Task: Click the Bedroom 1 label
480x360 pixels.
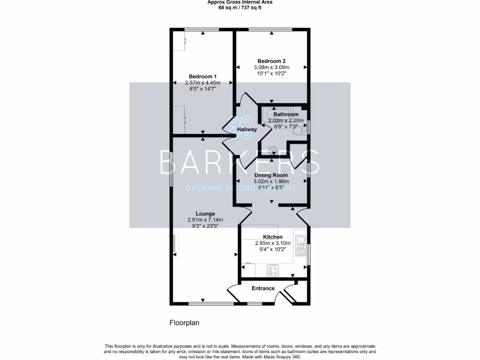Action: (x=202, y=76)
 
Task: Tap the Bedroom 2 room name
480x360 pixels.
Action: (x=271, y=61)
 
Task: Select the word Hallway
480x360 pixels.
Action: (x=247, y=129)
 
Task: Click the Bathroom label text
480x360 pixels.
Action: (x=286, y=114)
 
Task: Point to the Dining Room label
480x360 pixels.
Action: (x=271, y=175)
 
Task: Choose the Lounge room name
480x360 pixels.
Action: (x=205, y=213)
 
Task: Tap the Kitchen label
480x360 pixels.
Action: (x=272, y=237)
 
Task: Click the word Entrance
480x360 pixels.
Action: (x=263, y=288)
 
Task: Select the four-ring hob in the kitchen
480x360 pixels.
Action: (x=272, y=270)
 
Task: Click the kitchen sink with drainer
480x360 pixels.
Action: (x=300, y=242)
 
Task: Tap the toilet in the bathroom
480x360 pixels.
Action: (x=297, y=133)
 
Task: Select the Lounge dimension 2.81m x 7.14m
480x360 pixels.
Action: (x=205, y=220)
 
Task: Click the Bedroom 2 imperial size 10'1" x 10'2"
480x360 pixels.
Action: (x=271, y=73)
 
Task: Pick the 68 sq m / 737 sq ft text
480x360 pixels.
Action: (x=240, y=7)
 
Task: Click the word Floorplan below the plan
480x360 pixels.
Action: (x=184, y=323)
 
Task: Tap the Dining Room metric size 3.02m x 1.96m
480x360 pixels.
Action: (x=271, y=181)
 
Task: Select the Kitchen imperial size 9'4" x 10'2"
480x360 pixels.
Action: (x=272, y=249)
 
